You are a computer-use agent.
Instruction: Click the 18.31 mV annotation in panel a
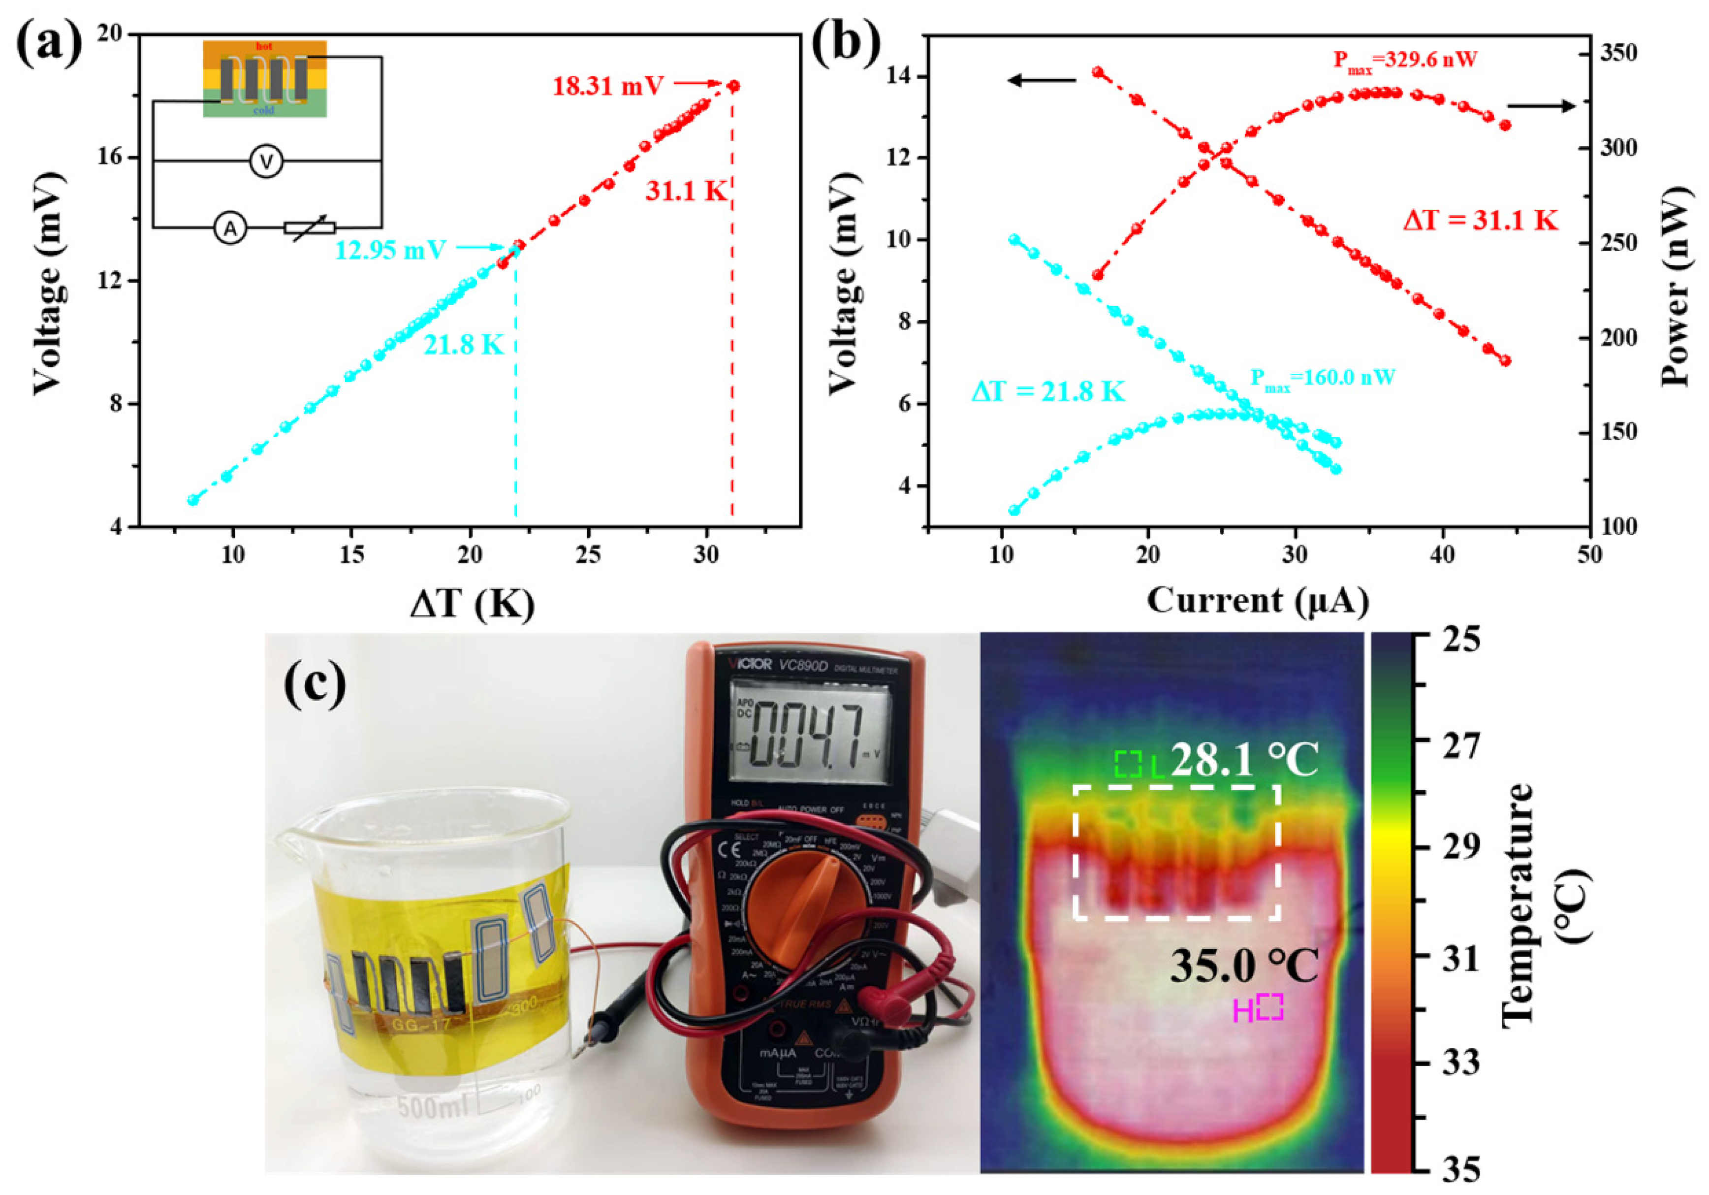[x=607, y=86]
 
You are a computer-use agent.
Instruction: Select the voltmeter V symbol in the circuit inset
[x=266, y=161]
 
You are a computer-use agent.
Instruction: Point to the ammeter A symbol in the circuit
[x=231, y=228]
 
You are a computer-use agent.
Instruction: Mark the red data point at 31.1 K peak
[x=733, y=86]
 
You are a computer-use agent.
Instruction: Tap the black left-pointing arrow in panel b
[x=1042, y=80]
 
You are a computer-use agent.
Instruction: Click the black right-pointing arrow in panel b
[x=1542, y=106]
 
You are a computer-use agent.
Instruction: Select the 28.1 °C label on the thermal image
[x=1244, y=760]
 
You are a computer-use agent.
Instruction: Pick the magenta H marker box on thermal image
[x=1270, y=1006]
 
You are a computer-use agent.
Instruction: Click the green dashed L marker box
[x=1128, y=764]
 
